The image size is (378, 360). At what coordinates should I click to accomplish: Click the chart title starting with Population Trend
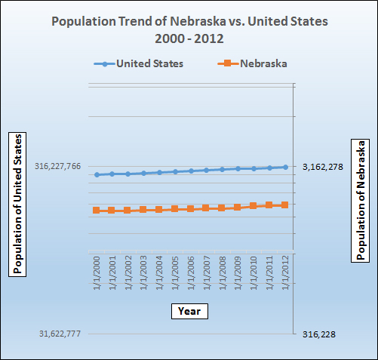point(189,29)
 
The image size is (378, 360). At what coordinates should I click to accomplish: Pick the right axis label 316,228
point(320,334)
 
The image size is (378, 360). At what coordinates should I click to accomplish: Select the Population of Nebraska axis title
point(361,199)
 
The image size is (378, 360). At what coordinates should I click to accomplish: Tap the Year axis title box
point(189,310)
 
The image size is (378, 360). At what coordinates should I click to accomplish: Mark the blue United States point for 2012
point(285,167)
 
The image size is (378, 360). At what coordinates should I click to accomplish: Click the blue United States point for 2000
point(97,175)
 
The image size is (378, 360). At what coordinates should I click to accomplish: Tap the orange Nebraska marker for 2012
point(285,205)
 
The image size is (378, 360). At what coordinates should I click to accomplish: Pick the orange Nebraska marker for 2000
point(97,210)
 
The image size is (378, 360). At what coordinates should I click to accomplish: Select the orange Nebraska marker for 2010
point(254,205)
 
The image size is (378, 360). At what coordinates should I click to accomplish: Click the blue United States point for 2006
point(191,171)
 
